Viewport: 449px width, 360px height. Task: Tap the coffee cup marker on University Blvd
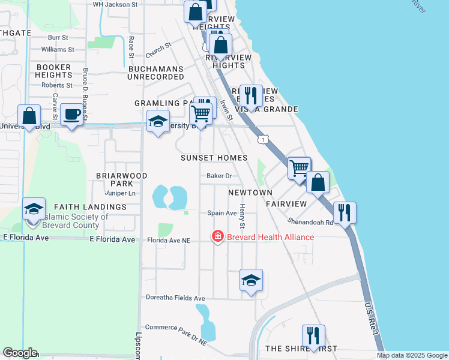point(72,114)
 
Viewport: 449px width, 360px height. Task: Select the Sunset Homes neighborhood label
point(214,158)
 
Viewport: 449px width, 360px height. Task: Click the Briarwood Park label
point(121,179)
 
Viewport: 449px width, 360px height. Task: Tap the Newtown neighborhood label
point(250,192)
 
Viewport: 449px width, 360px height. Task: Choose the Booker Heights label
point(53,71)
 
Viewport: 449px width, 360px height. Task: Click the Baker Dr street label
point(219,176)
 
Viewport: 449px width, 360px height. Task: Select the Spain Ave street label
point(221,213)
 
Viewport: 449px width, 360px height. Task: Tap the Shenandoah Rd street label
point(312,220)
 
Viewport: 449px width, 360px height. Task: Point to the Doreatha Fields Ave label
point(176,298)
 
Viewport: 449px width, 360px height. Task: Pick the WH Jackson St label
point(115,4)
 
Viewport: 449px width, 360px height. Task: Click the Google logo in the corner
point(20,353)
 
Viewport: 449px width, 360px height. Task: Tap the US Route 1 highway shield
point(263,139)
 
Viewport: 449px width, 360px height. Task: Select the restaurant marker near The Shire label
point(313,336)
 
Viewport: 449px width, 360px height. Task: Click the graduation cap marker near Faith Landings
point(34,209)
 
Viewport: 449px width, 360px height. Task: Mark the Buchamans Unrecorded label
point(156,73)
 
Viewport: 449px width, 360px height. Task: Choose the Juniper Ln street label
point(121,193)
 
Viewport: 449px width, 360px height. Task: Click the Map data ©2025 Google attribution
point(411,355)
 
